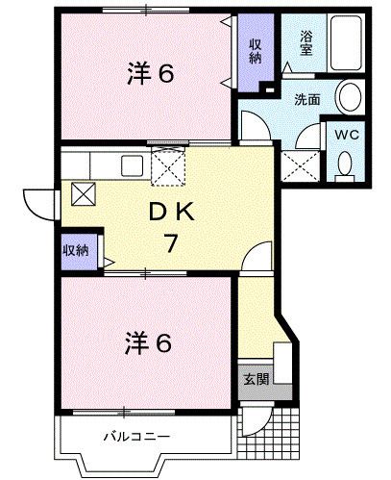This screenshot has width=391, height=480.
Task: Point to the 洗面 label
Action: (x=306, y=98)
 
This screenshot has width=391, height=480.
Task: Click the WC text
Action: (x=346, y=135)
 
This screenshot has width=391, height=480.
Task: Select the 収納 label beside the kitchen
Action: (x=76, y=249)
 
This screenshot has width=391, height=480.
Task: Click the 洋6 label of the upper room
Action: (x=150, y=74)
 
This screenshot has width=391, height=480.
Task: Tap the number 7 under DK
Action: (x=169, y=243)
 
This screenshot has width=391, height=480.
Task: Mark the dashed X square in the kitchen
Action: (x=169, y=170)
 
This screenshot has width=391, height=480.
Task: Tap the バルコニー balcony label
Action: (x=136, y=437)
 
